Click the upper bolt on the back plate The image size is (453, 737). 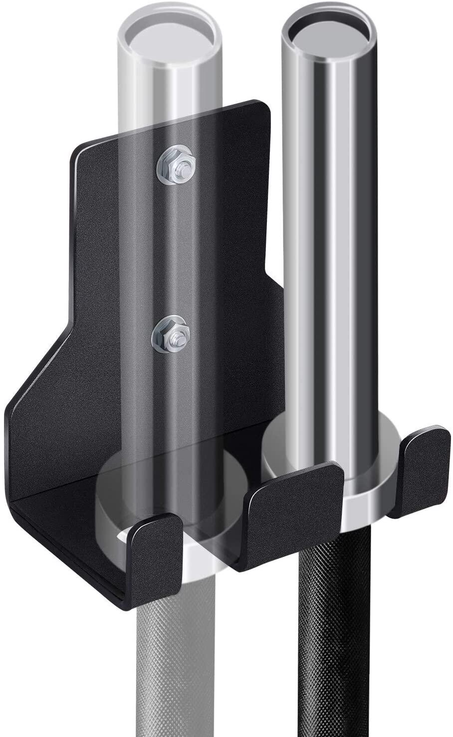(175, 166)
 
